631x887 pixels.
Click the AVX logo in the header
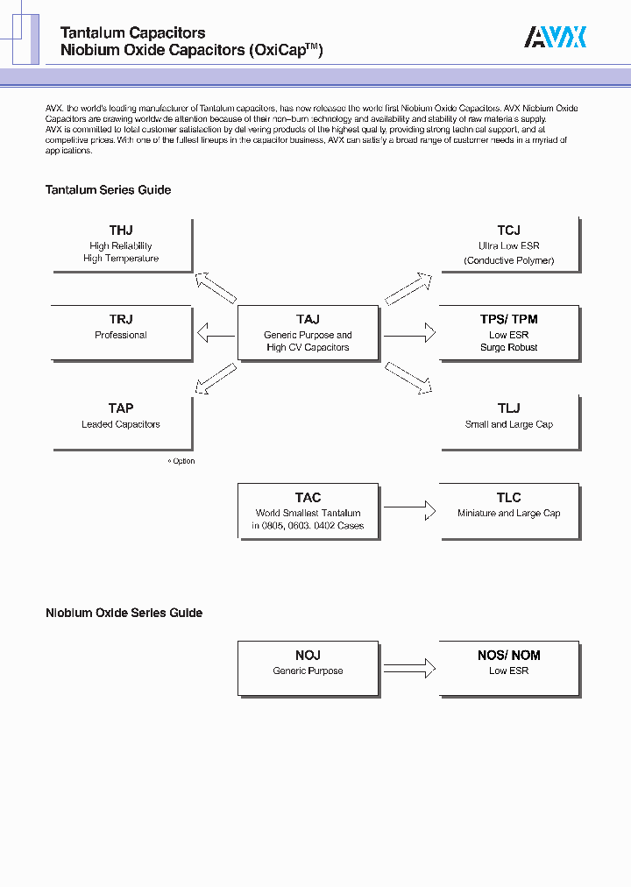tap(555, 37)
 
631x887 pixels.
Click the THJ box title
tap(121, 231)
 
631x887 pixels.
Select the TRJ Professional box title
tap(121, 320)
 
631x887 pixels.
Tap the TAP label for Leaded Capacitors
tap(121, 408)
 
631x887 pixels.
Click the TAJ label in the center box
tap(308, 320)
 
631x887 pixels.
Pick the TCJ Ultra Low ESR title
tap(508, 231)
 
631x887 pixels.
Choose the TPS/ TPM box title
tap(508, 320)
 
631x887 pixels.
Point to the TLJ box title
tap(508, 408)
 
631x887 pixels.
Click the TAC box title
tap(308, 498)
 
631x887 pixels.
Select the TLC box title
tap(508, 498)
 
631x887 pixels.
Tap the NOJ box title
tap(308, 656)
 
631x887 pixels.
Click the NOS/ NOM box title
tap(508, 656)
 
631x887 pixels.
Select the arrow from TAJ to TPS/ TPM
tap(409, 333)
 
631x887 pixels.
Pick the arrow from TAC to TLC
tap(409, 507)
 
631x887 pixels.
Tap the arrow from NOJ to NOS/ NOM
tap(409, 668)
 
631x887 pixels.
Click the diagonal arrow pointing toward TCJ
tap(408, 288)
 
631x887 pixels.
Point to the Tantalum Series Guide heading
tap(108, 190)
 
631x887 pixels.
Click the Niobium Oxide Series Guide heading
tap(124, 614)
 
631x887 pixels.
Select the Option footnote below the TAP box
tap(182, 461)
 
